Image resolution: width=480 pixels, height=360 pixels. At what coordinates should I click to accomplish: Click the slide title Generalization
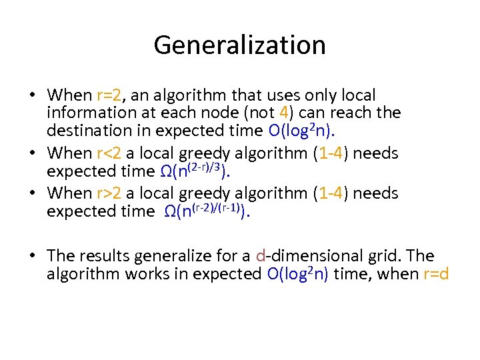tap(239, 45)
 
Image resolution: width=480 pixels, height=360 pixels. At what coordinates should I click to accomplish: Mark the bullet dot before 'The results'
tap(34, 256)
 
